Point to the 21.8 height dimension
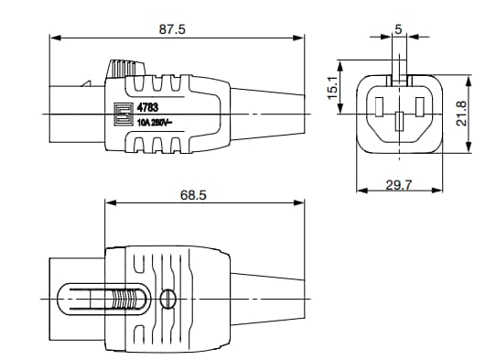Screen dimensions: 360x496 (x=462, y=113)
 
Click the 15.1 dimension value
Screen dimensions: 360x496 (x=333, y=87)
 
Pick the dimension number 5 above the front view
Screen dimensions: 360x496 (x=398, y=29)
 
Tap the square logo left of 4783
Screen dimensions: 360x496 (x=118, y=115)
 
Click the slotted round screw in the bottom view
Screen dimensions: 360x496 (x=167, y=299)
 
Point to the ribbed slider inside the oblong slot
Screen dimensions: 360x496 (x=127, y=300)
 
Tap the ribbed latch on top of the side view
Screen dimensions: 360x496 (x=126, y=70)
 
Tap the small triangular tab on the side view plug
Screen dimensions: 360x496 (x=89, y=84)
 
